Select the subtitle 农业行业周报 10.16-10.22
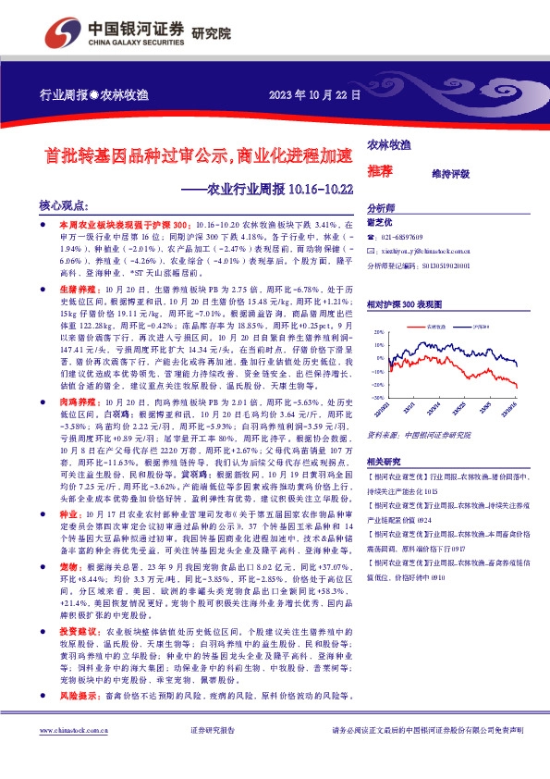tap(267, 190)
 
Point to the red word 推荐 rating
tap(380, 171)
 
